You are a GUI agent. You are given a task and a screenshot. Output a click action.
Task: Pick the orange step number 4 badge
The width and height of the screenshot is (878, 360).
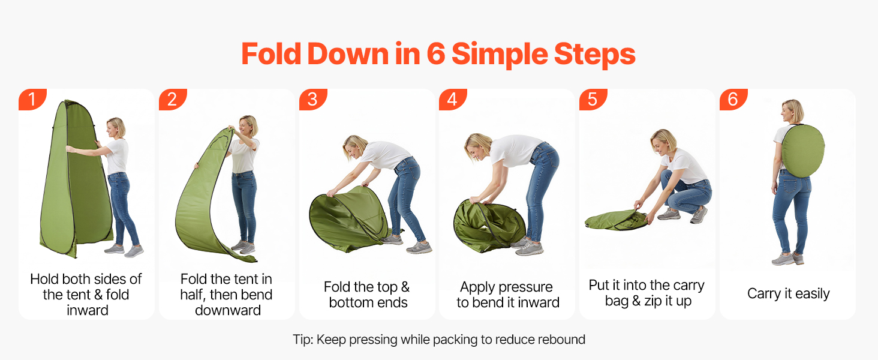[453, 99]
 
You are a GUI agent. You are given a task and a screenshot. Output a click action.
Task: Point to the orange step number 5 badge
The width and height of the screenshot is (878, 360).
[593, 99]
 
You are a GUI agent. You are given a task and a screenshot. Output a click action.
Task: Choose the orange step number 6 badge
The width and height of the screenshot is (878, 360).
[733, 99]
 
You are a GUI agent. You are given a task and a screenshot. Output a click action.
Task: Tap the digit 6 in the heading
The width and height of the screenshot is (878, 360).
[435, 54]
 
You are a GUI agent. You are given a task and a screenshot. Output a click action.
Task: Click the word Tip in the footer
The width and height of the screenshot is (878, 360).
[303, 340]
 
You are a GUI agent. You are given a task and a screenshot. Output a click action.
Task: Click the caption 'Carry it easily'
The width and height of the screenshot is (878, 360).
[788, 294]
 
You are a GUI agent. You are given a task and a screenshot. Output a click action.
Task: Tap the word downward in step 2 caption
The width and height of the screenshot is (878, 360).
[228, 310]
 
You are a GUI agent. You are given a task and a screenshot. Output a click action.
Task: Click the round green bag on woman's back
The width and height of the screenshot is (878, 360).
[803, 151]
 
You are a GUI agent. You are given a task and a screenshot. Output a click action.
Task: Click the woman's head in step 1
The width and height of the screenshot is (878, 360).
[116, 127]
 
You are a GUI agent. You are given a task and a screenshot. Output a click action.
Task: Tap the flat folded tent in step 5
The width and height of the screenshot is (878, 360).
[615, 220]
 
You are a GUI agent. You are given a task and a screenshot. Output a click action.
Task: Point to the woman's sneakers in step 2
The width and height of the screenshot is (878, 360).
[243, 247]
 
